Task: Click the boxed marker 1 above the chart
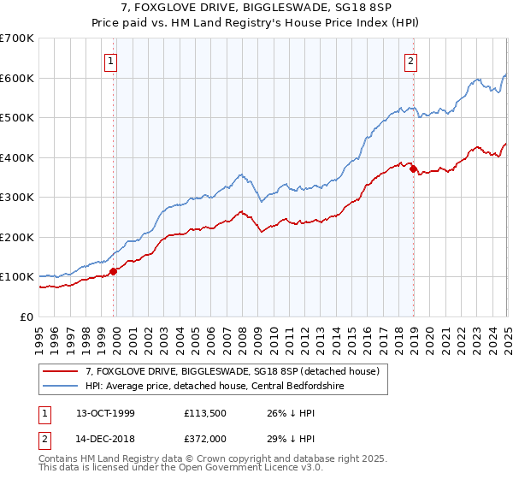tap(113, 61)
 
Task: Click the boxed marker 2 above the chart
tap(411, 61)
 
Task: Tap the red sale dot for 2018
tap(413, 169)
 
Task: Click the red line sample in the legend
tap(62, 370)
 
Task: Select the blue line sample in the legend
tap(62, 385)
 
